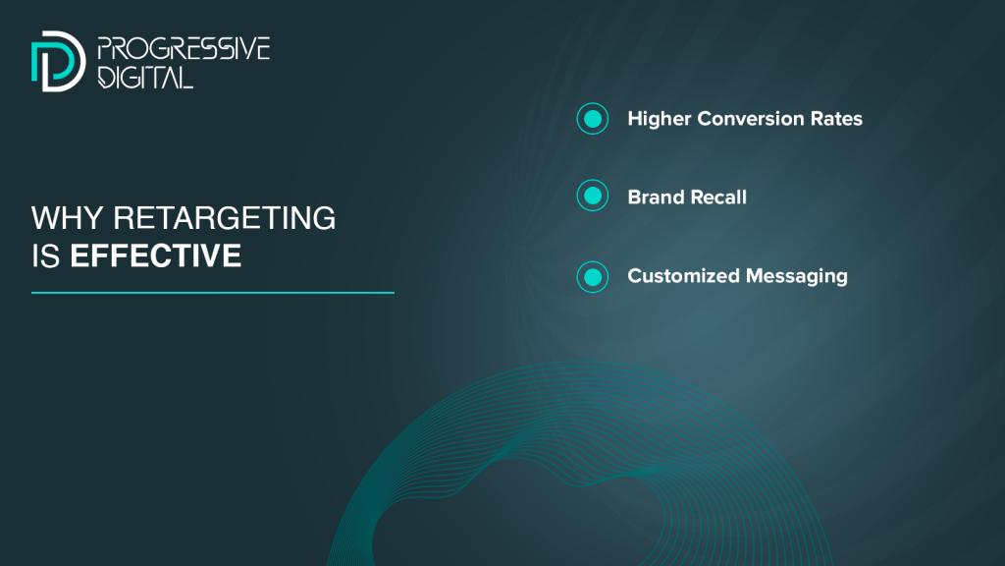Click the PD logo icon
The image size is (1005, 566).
(58, 61)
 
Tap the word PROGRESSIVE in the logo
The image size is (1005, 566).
(184, 49)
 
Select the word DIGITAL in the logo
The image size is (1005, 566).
(145, 77)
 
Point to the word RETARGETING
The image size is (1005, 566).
(225, 218)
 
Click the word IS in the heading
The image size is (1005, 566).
(45, 256)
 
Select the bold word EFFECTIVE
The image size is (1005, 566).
(156, 256)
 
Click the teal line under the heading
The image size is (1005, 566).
(213, 293)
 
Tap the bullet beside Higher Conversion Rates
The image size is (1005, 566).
(592, 119)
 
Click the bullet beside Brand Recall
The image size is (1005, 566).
(592, 196)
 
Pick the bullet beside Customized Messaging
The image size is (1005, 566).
(592, 277)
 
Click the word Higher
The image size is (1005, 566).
(660, 119)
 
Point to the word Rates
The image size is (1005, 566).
(836, 119)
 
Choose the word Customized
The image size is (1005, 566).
(683, 276)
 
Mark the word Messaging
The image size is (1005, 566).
(797, 277)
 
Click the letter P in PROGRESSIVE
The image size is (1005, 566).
(104, 49)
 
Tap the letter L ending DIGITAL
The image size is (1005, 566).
(185, 77)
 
